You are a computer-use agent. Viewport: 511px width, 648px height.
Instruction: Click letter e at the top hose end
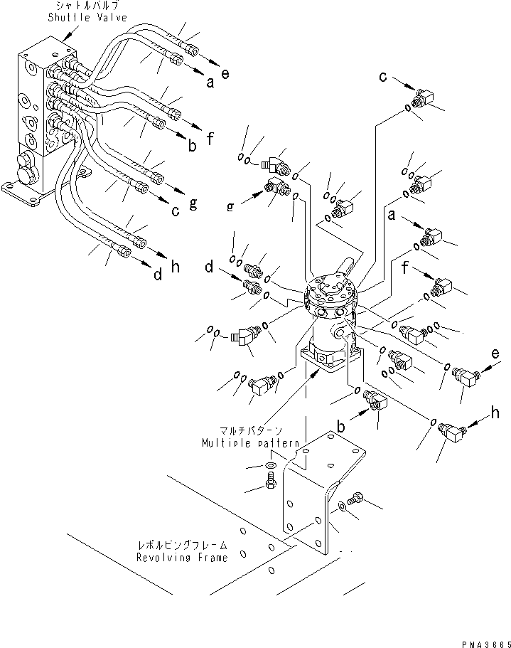[x=225, y=74]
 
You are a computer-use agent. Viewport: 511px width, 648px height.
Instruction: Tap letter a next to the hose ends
[x=210, y=83]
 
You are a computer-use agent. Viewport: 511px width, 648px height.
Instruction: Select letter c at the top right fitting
[x=382, y=76]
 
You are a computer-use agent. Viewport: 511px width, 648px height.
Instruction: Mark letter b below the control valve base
[x=341, y=427]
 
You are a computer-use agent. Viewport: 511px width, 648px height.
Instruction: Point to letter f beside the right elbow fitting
[x=404, y=268]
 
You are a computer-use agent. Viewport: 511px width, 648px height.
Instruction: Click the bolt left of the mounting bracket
[x=271, y=484]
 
